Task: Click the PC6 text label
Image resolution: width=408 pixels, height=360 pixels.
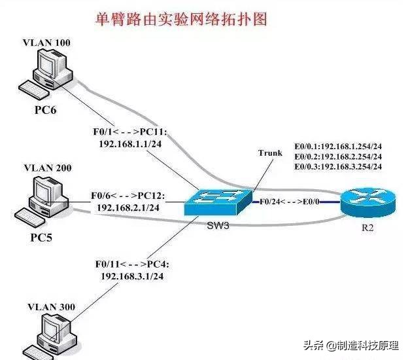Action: (45, 109)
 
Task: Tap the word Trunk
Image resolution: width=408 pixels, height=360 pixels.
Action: (270, 153)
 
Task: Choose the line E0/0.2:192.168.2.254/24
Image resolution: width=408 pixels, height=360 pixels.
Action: (339, 156)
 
